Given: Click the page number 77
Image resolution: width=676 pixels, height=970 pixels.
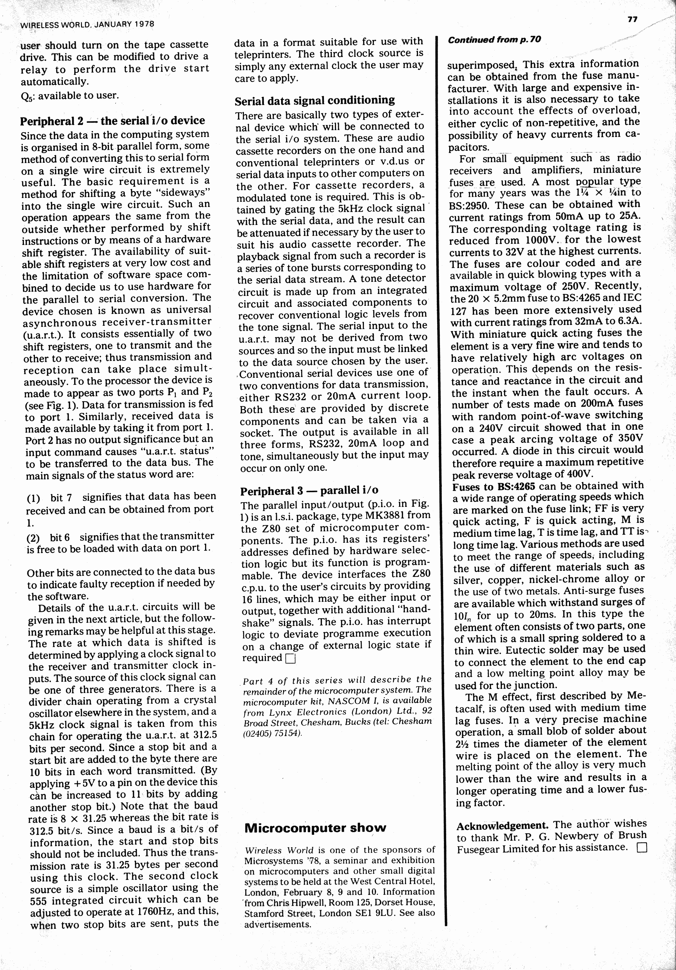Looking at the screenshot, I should (x=632, y=19).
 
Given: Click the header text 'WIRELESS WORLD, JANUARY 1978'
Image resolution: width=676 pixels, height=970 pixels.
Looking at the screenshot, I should (x=87, y=24).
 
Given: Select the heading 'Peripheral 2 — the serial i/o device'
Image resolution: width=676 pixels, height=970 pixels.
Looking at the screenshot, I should (x=112, y=121).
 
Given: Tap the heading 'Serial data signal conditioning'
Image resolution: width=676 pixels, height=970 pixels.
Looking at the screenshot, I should (x=315, y=101).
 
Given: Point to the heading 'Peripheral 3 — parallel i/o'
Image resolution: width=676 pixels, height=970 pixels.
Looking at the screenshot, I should (x=309, y=490).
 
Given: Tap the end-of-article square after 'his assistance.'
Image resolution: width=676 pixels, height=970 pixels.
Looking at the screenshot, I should (x=642, y=848).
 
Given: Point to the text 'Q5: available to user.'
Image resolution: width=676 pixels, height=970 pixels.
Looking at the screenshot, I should (x=70, y=96).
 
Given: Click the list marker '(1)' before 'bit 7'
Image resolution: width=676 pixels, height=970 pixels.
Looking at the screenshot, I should (x=33, y=498).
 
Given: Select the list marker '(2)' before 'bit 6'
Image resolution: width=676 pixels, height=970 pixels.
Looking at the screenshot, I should (x=33, y=538).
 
